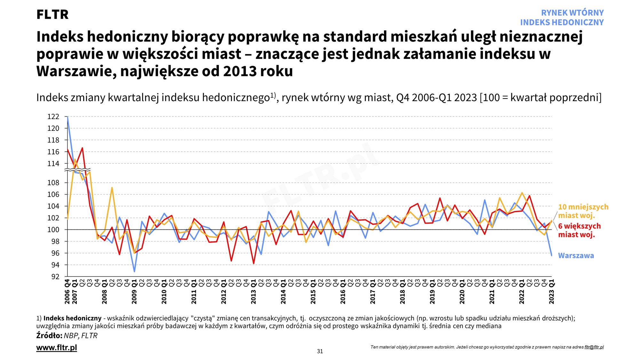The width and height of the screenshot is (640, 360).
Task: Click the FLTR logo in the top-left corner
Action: pos(52,15)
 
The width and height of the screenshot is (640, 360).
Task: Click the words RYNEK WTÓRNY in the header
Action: pos(572,13)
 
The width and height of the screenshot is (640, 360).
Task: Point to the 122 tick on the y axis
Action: pos(53,117)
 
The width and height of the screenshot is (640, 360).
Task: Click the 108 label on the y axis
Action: pos(53,183)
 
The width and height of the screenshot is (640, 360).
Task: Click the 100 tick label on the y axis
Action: pos(53,230)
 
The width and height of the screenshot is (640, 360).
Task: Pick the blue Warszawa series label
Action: pos(576,256)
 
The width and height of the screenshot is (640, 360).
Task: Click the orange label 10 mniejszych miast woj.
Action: pos(583,211)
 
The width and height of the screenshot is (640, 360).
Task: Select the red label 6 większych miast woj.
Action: pos(579,230)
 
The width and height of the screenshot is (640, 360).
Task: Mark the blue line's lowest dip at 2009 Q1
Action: pos(134,272)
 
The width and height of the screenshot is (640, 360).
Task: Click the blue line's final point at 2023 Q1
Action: pos(552,255)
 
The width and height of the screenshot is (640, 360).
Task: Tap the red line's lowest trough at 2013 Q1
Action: pos(254,263)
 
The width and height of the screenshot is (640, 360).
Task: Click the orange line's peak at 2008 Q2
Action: pos(112,188)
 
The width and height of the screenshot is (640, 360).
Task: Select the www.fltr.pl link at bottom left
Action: pos(57,348)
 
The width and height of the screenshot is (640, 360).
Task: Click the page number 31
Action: pos(320,351)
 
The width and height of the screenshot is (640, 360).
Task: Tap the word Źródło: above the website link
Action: pos(49,336)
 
